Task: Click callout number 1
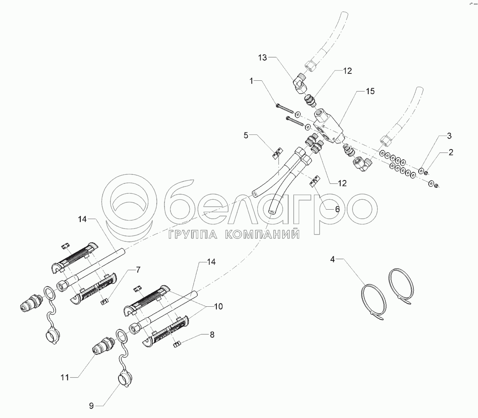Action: pos(252,81)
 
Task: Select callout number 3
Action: pos(449,136)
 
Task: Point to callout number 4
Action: pos(332,259)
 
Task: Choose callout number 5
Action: pos(246,135)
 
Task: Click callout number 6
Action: pos(337,209)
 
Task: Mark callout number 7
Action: pos(138,269)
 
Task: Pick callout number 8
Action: pos(212,335)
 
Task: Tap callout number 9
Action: pos(91,406)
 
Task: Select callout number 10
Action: pos(218,306)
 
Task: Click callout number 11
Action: pos(64,378)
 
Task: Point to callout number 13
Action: pos(262,57)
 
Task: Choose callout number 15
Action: pos(370,91)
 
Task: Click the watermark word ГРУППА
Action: pos(192,234)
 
